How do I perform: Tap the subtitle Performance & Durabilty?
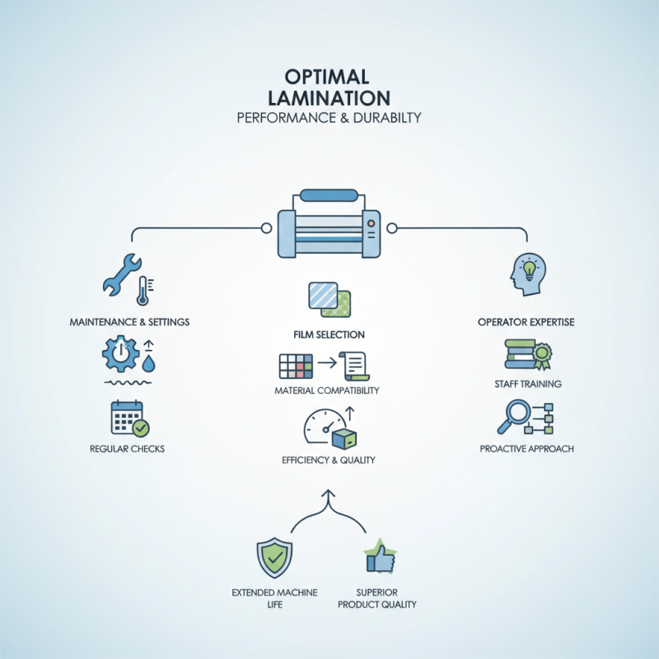(329, 117)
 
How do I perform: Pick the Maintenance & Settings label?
(129, 321)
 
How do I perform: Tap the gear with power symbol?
(119, 354)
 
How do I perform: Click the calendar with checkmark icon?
(129, 418)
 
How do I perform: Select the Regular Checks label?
(127, 449)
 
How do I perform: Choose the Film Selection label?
(329, 335)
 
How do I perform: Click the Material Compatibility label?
(327, 390)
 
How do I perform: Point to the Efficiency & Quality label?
(328, 460)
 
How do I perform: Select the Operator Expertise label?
(526, 321)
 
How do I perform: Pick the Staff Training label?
(527, 384)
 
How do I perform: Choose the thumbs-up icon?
(381, 558)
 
